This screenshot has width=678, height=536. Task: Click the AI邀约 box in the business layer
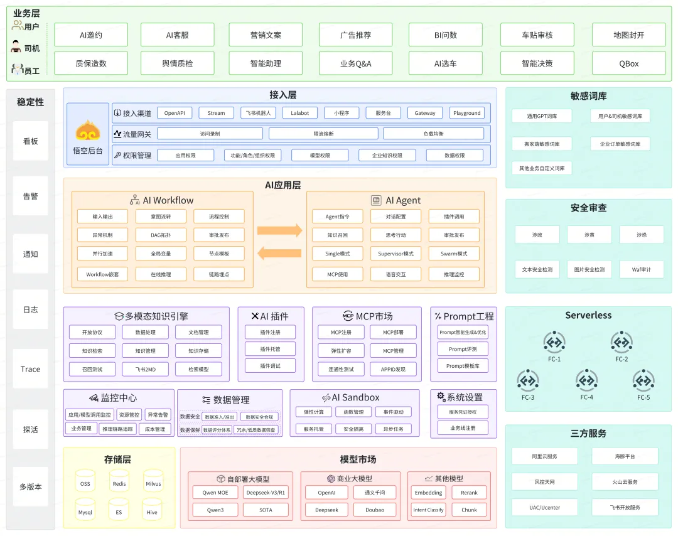point(91,35)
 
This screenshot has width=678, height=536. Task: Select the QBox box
point(628,63)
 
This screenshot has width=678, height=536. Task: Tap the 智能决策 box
point(537,63)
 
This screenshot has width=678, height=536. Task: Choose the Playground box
point(467,113)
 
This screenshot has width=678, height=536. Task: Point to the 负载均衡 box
point(433,134)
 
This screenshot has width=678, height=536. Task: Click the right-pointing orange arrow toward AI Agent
point(279,230)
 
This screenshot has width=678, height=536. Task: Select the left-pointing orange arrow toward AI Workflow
point(279,253)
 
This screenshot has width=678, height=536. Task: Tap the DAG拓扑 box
point(161,235)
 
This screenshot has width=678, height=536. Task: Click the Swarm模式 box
point(454,254)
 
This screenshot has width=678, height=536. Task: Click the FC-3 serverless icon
point(528,381)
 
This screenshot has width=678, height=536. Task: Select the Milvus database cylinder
point(153,480)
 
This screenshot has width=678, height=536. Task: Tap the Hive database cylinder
point(152,509)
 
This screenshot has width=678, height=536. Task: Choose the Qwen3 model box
point(215,510)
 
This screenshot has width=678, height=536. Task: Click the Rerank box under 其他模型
point(469,493)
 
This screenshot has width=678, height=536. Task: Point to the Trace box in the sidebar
point(30,369)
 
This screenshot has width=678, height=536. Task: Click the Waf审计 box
point(641,269)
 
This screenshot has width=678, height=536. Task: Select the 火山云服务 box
point(625,482)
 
